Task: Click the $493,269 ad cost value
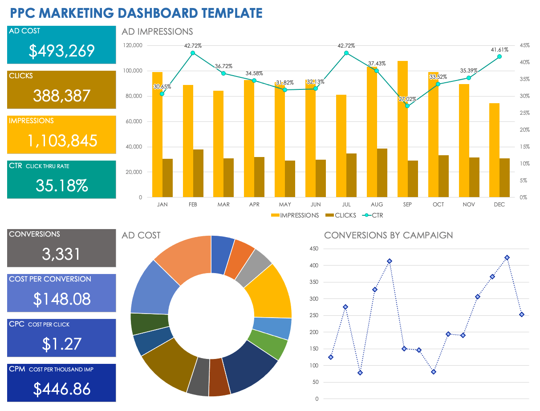coord(61,51)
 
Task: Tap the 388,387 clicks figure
coord(61,96)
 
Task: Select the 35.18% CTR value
coord(61,185)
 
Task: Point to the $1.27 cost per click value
coord(61,344)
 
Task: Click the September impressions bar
coord(402,129)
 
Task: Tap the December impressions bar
coord(494,150)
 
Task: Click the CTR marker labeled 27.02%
coord(407,106)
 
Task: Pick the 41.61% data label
coord(499,50)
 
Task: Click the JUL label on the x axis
coord(346,205)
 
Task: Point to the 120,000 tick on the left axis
coord(133,45)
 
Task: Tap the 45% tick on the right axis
coord(524,45)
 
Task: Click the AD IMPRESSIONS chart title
coord(158,32)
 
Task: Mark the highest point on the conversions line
coord(507,258)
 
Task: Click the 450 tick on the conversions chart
coord(314,249)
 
